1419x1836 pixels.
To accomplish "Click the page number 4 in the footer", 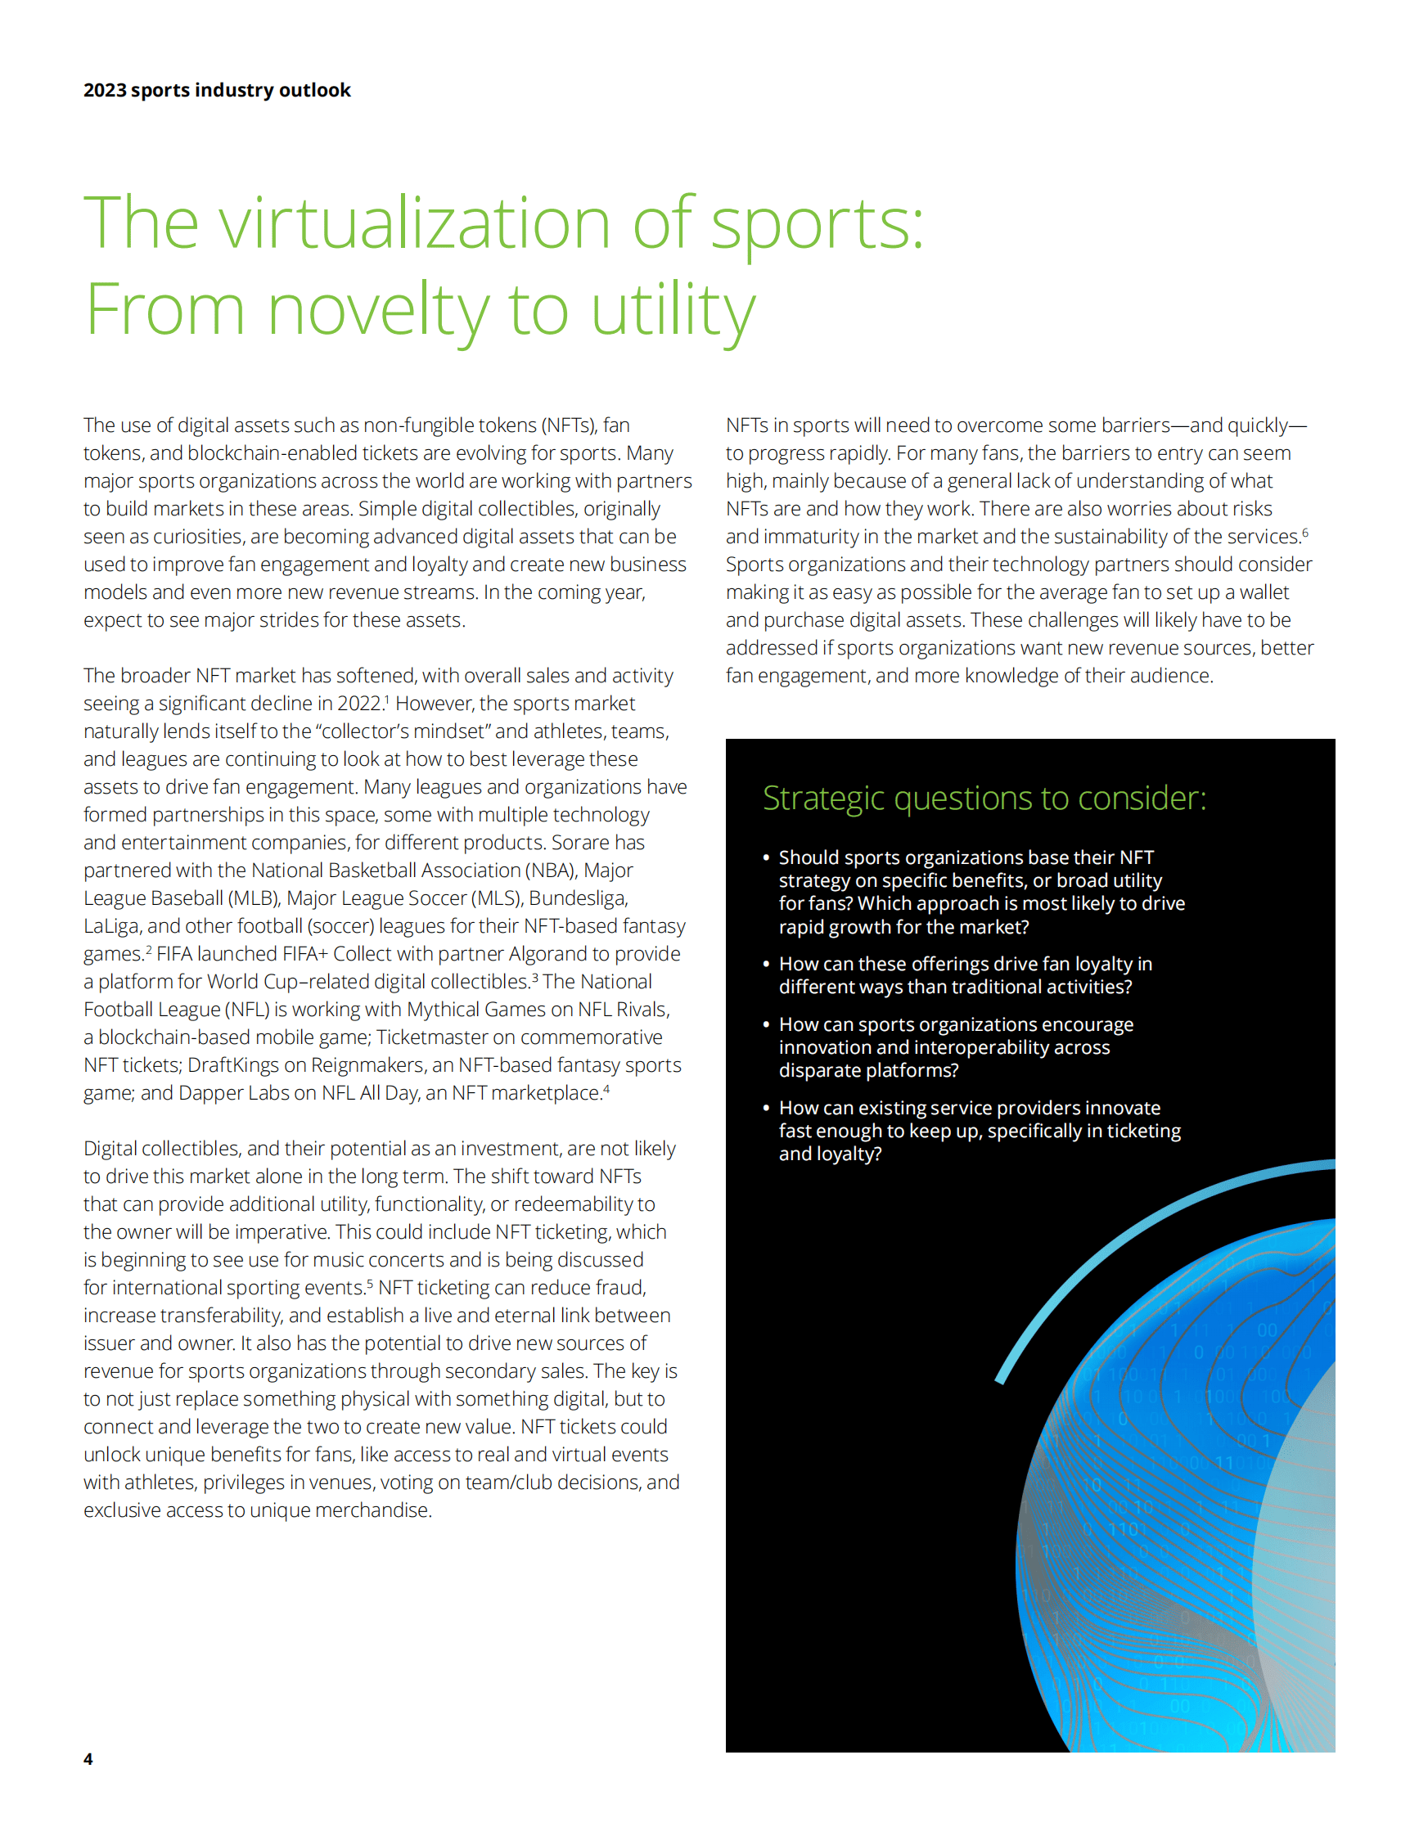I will click(x=88, y=1758).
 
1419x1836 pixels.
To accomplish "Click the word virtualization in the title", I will click(x=414, y=223).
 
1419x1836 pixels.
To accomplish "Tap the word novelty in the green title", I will click(x=377, y=310).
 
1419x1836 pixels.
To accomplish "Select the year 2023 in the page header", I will click(x=104, y=90).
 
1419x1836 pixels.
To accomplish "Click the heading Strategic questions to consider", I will click(x=984, y=798).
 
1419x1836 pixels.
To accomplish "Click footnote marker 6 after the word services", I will click(x=1304, y=532).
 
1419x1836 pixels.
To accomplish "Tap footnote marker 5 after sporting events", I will click(x=370, y=1283).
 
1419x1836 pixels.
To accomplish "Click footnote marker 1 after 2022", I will click(x=387, y=699).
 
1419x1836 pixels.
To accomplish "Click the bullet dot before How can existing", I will click(x=766, y=1108).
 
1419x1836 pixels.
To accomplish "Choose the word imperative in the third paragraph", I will click(x=282, y=1231).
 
